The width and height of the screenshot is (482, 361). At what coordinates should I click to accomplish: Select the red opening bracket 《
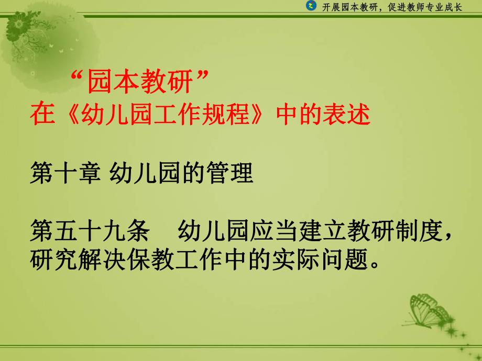(65, 115)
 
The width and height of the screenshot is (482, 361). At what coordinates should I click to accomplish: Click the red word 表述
(347, 115)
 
